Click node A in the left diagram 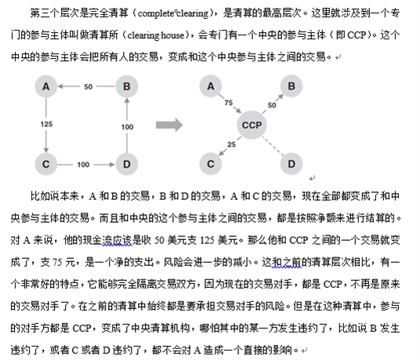pyautogui.click(x=46, y=86)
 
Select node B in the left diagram pyautogui.click(x=127, y=86)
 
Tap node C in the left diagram pyautogui.click(x=46, y=164)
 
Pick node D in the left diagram pyautogui.click(x=127, y=164)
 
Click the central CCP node pyautogui.click(x=252, y=125)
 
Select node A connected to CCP pyautogui.click(x=211, y=86)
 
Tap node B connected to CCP pyautogui.click(x=291, y=86)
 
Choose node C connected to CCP pyautogui.click(x=211, y=164)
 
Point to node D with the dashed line pyautogui.click(x=291, y=164)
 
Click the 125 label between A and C pyautogui.click(x=46, y=124)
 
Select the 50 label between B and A pyautogui.click(x=88, y=86)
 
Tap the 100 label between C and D pyautogui.click(x=83, y=165)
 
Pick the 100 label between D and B pyautogui.click(x=127, y=127)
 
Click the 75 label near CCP pyautogui.click(x=229, y=103)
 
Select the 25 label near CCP pyautogui.click(x=231, y=144)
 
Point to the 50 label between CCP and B pyautogui.click(x=272, y=105)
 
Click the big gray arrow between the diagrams pyautogui.click(x=169, y=125)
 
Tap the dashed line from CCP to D pyautogui.click(x=273, y=146)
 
